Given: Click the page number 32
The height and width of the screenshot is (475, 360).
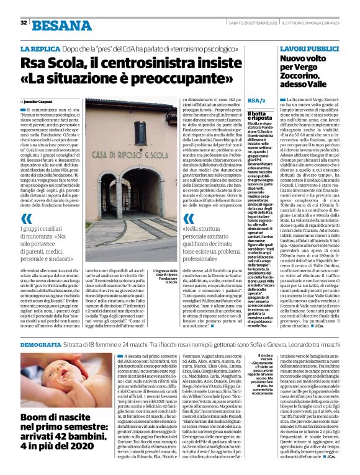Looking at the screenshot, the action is [x=24, y=22].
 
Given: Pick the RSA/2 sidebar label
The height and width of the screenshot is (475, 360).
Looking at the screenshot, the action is [x=256, y=100].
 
